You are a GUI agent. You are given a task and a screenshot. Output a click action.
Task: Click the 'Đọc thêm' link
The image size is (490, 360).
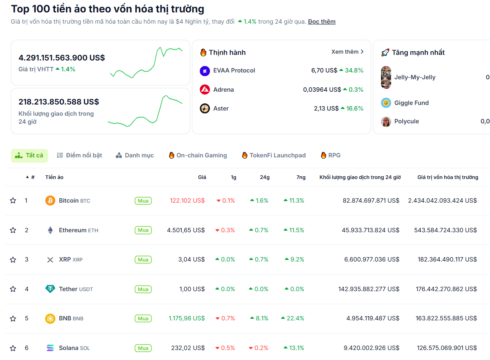[x=322, y=22]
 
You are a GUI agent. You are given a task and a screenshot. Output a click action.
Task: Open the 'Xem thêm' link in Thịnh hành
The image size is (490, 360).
[x=347, y=52]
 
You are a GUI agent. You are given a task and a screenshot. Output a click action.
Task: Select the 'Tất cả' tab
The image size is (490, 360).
[x=30, y=155]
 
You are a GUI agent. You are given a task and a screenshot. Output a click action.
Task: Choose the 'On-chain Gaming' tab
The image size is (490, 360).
[x=198, y=155]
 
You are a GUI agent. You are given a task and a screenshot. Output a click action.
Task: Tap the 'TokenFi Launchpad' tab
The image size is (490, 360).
[x=274, y=155]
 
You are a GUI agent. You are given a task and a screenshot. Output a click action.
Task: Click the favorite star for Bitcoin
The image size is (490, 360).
[x=13, y=201]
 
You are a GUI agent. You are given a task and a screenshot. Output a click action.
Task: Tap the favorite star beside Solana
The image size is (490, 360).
[x=13, y=348]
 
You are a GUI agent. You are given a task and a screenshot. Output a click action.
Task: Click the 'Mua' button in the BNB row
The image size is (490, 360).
[x=143, y=319]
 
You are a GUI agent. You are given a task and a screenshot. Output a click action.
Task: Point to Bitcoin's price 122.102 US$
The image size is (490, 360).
[x=187, y=201]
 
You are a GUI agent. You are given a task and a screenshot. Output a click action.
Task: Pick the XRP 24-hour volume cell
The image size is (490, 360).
[x=372, y=259]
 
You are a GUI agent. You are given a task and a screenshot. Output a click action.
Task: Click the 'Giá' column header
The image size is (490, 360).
[x=202, y=177]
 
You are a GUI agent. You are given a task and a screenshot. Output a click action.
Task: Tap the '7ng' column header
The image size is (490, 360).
[x=301, y=177]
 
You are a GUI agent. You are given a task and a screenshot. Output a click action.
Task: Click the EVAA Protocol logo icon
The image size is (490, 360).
[x=205, y=71]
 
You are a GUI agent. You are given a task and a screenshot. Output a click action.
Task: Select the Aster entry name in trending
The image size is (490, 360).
[x=221, y=109]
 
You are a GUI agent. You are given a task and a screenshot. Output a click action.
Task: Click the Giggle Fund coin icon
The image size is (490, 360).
[x=386, y=103]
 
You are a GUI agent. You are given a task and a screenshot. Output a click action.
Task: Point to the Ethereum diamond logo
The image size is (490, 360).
[x=50, y=230]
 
